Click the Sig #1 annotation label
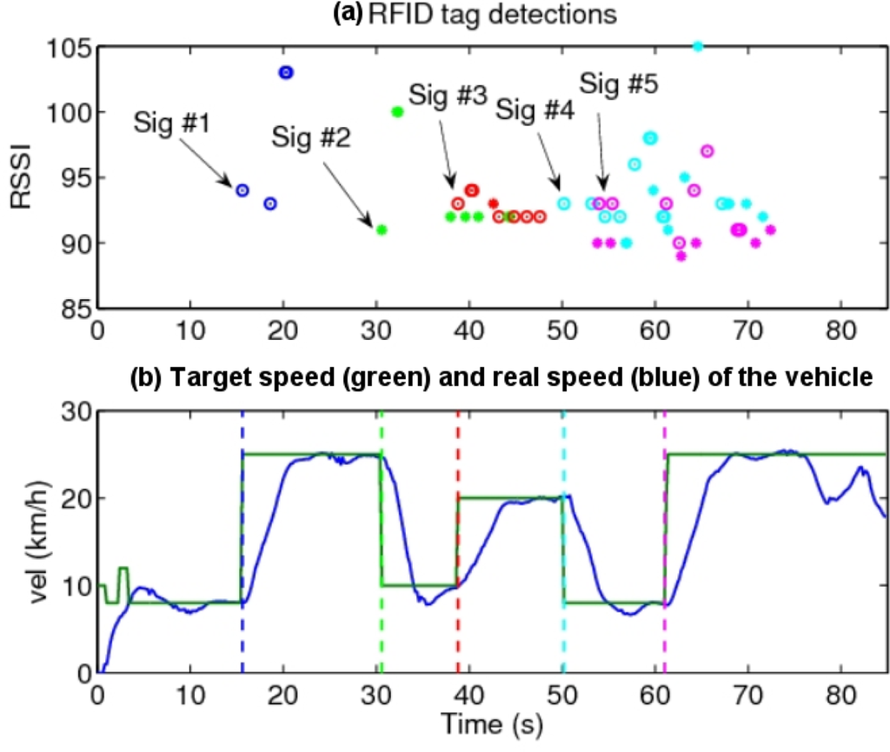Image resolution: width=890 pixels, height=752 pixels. (x=172, y=123)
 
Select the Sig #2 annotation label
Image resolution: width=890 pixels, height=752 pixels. (x=309, y=136)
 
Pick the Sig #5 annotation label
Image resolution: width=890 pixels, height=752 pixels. (x=618, y=84)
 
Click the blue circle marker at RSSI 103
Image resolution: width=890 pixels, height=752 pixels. (x=286, y=72)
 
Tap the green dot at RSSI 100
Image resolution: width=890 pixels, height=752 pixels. (x=397, y=111)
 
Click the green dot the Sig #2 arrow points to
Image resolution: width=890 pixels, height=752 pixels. (x=381, y=230)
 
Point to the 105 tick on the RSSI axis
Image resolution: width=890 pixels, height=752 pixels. (x=68, y=47)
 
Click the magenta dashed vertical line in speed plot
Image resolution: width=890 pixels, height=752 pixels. (x=665, y=565)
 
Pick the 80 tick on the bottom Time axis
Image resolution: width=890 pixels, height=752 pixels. (x=840, y=697)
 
